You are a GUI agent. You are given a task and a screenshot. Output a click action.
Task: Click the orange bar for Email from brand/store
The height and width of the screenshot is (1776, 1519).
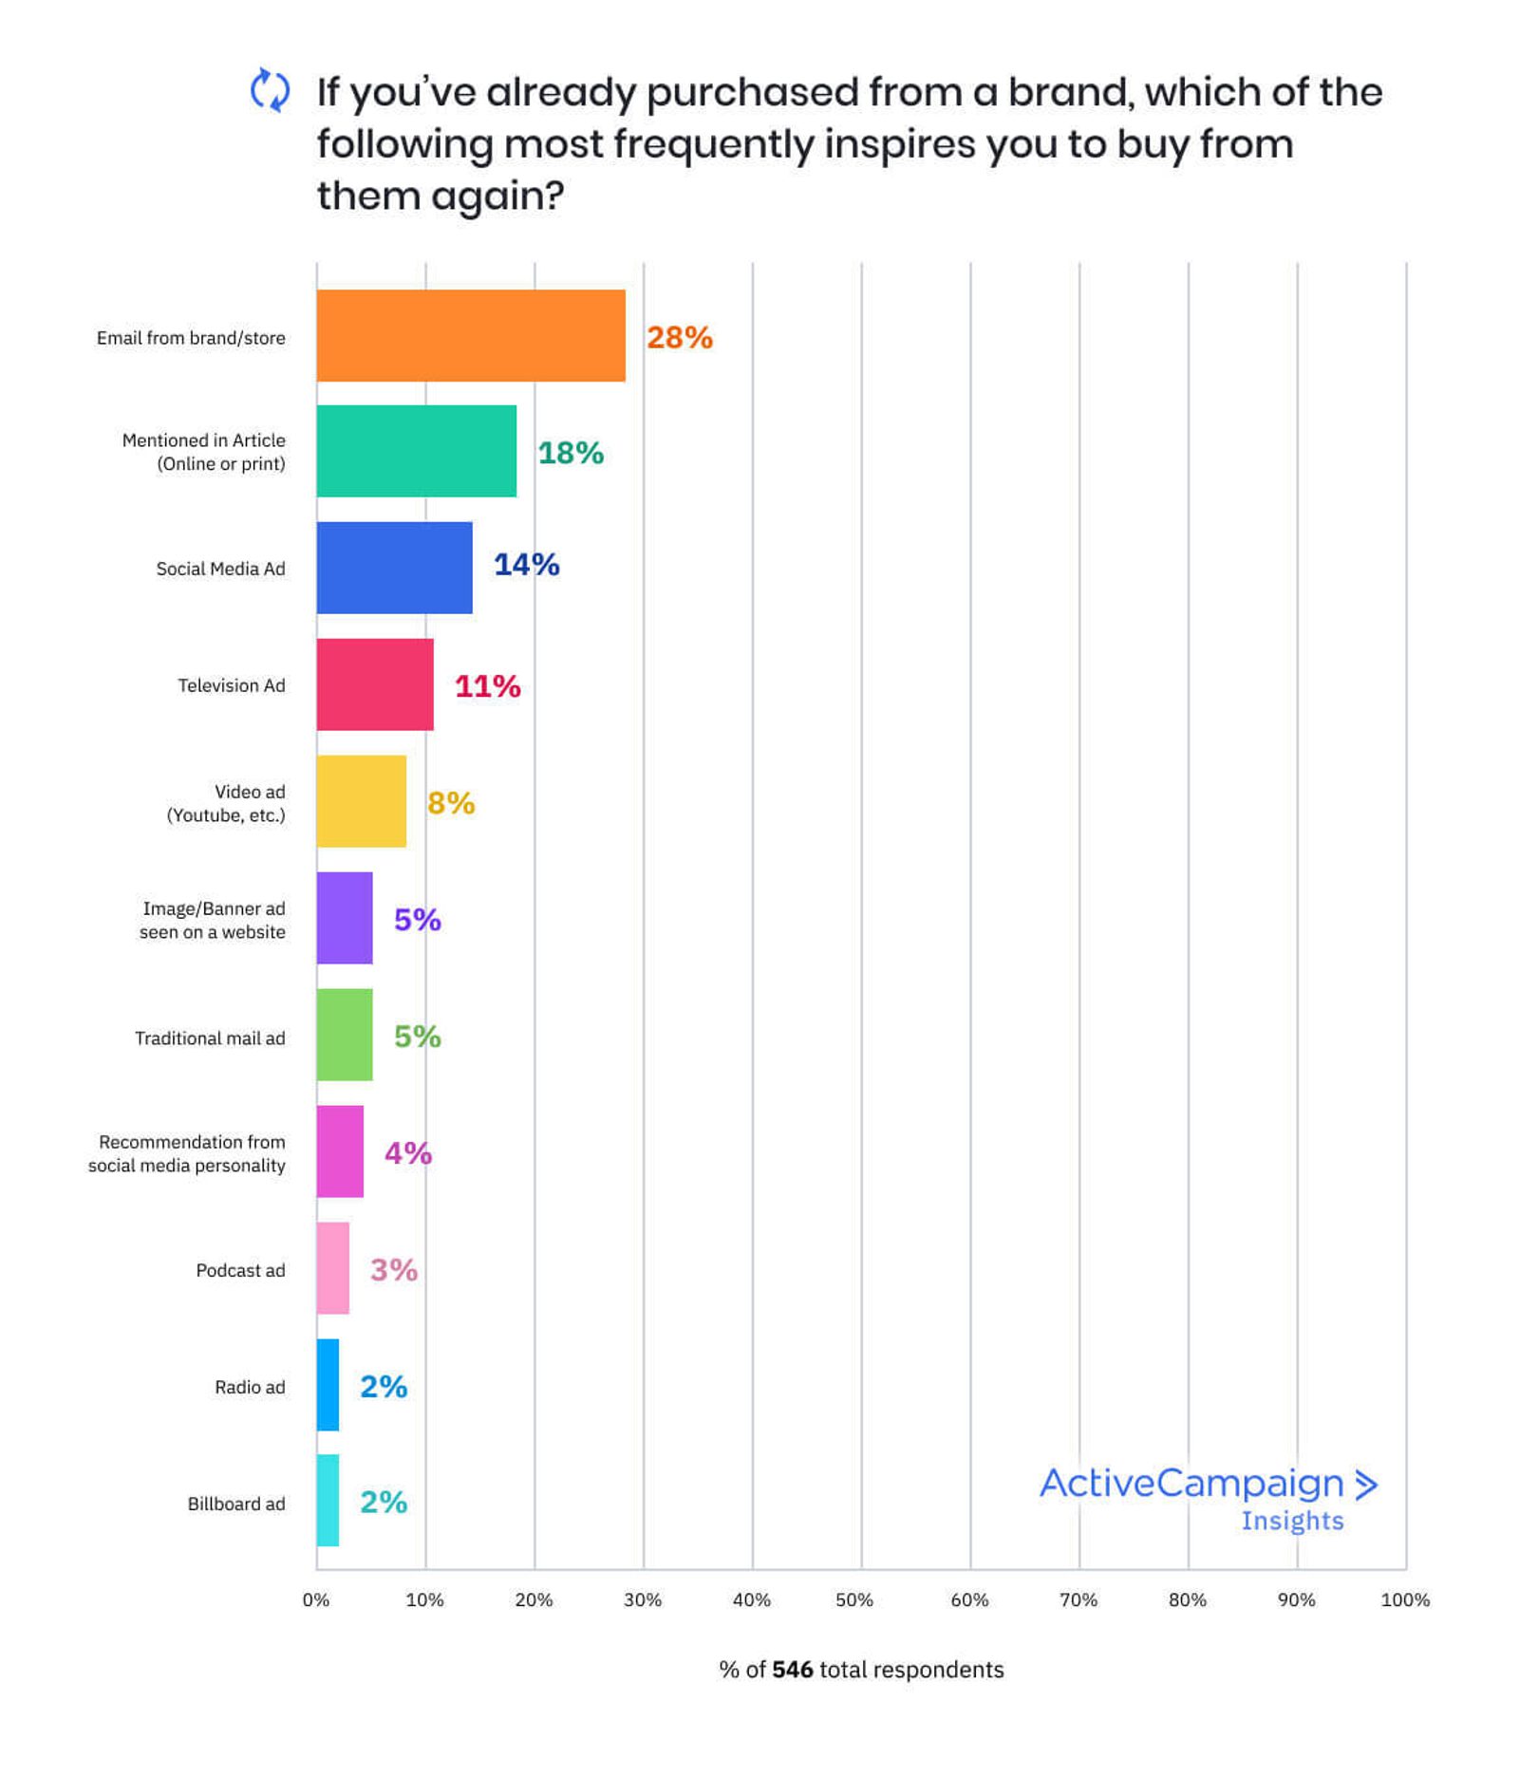click(x=470, y=335)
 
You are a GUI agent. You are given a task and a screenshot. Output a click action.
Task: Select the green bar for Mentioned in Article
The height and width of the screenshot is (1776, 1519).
click(x=416, y=451)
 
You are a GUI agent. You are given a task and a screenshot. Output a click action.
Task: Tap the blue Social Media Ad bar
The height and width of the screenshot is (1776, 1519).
click(x=394, y=568)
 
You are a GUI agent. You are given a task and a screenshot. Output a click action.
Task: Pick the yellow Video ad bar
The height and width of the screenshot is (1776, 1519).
click(x=361, y=801)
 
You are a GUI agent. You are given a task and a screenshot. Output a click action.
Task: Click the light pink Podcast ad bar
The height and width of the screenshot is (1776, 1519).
click(x=332, y=1268)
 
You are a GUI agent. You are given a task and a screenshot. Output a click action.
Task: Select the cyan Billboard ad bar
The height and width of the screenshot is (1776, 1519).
click(x=328, y=1501)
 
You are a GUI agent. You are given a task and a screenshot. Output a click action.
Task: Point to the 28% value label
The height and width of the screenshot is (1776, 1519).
click(x=679, y=337)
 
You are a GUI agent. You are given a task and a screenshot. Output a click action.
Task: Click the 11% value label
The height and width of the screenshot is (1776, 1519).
click(x=487, y=685)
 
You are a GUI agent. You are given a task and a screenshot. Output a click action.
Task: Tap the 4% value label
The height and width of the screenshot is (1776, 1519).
click(x=407, y=1152)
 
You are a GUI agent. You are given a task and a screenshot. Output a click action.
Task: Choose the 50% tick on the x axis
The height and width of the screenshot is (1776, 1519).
click(x=853, y=1599)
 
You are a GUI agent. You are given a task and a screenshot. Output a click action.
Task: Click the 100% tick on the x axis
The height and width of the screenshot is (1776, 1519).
click(x=1404, y=1599)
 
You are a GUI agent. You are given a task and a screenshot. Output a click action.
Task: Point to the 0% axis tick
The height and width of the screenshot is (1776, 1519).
click(x=316, y=1599)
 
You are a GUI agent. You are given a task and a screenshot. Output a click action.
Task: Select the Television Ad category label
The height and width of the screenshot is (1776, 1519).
click(x=231, y=685)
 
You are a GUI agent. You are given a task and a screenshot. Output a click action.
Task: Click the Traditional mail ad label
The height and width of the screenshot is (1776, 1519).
click(x=210, y=1038)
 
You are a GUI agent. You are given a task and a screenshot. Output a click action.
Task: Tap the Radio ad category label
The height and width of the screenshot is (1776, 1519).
click(x=250, y=1387)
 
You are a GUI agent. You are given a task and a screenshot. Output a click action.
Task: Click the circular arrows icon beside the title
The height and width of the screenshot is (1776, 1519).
click(x=270, y=91)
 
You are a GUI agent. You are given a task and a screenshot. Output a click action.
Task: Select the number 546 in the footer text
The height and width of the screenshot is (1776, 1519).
click(x=792, y=1670)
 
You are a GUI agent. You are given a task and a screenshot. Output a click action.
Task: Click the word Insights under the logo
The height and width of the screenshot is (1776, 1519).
click(x=1291, y=1521)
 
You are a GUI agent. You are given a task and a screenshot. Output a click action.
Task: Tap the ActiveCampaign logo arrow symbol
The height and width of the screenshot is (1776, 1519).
click(x=1365, y=1485)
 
